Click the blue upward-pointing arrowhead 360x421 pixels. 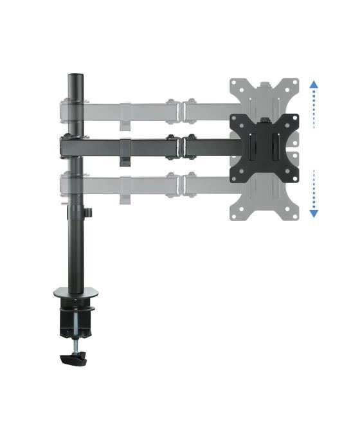(313, 84)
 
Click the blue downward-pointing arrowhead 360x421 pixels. (313, 213)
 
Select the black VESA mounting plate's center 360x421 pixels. (265, 147)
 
